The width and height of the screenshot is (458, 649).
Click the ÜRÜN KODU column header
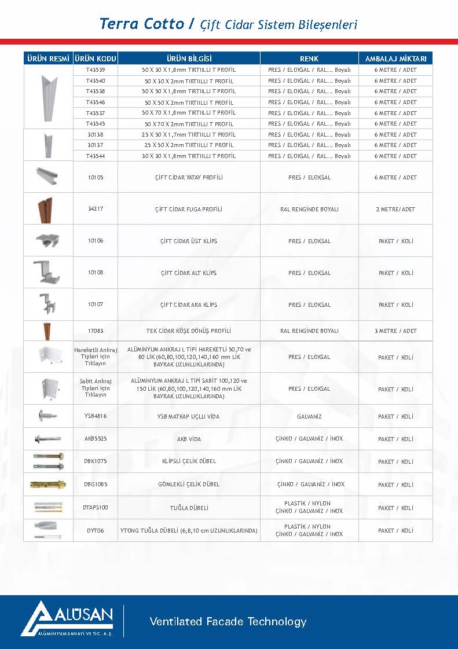pos(96,58)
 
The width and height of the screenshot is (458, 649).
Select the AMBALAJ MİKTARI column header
pos(395,58)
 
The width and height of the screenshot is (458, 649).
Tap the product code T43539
pos(96,69)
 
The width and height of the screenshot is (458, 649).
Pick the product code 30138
pos(96,134)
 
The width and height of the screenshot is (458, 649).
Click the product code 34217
pos(96,209)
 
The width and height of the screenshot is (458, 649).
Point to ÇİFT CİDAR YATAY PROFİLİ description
pos(189,178)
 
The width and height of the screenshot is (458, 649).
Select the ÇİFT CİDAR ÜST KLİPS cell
pos(189,241)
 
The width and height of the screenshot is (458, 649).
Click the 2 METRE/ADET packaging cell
pos(395,210)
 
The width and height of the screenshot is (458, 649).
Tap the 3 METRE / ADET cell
pos(395,331)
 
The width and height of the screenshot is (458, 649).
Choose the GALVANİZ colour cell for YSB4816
pos(309,416)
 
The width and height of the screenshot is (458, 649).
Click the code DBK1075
pos(96,461)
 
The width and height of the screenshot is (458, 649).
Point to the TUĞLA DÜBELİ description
pos(189,508)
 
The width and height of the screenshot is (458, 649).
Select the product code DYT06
pos(96,530)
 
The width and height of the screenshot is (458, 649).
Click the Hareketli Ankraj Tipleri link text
pos(96,357)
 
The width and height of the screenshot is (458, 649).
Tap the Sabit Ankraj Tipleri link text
pos(96,388)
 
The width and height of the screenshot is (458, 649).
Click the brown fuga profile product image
pos(47,209)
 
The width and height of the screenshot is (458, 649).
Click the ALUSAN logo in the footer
pos(67,618)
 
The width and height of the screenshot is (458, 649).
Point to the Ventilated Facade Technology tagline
pos(228,622)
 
